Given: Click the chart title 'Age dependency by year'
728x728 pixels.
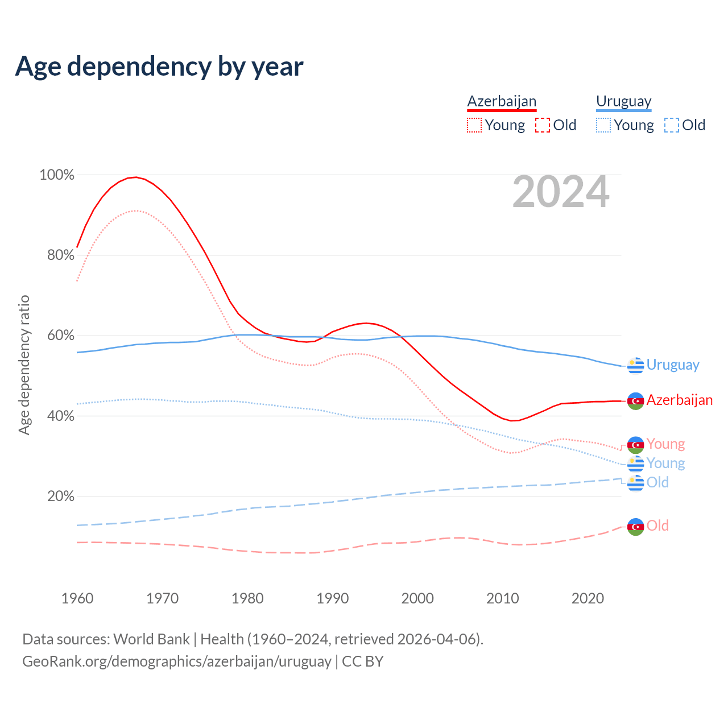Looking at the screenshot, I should [x=159, y=67].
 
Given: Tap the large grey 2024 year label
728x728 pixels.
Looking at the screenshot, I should [x=561, y=192].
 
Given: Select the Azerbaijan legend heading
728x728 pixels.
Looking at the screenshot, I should [x=502, y=102].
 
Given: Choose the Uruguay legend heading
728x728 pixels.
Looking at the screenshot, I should [x=623, y=102].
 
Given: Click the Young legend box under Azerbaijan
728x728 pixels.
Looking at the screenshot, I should [x=474, y=125].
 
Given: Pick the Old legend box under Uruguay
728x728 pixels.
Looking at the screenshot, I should [x=672, y=125].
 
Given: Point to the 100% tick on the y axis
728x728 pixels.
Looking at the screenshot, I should [x=57, y=175].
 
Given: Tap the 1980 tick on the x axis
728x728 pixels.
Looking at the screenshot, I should [x=247, y=598].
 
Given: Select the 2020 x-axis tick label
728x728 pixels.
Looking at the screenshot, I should [x=588, y=598].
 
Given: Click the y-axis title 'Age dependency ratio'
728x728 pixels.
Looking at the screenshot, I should [x=24, y=365].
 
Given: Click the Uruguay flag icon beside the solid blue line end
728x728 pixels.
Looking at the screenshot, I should [x=635, y=365].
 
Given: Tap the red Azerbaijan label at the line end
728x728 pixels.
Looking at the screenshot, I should [x=679, y=400].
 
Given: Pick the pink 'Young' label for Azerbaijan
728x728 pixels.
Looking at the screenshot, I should [x=665, y=444].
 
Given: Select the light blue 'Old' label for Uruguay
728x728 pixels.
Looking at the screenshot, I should [x=657, y=483].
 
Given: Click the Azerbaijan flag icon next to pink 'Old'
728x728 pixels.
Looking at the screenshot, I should [x=635, y=527].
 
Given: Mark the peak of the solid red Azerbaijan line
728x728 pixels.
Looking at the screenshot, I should [x=135, y=177].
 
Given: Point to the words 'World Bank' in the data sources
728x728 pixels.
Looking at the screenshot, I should [x=151, y=639].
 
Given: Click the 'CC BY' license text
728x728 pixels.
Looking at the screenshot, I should [x=363, y=661].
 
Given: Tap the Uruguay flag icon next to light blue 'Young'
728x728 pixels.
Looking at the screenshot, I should [x=635, y=464].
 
